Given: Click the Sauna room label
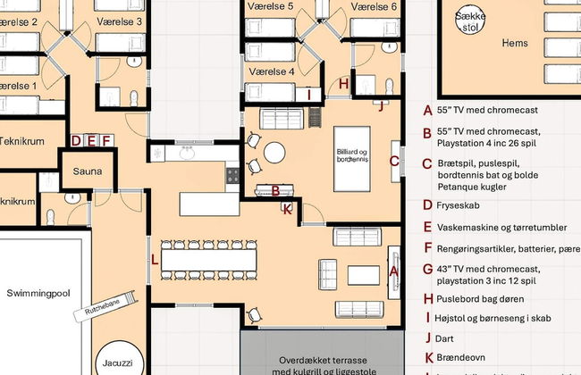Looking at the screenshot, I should (x=88, y=171).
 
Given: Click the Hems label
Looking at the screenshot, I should (x=515, y=42).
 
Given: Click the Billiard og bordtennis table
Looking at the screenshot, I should (x=351, y=158).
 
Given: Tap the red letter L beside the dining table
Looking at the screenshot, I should (x=156, y=260).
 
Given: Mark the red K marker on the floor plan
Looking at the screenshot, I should (x=287, y=210).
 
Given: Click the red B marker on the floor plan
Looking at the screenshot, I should (x=276, y=190).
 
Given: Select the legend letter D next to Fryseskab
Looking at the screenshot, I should (x=428, y=204).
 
